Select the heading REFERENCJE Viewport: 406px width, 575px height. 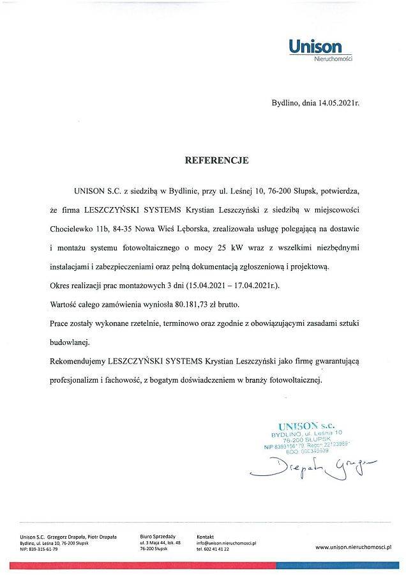point(216,160)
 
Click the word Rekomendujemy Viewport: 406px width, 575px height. point(77,361)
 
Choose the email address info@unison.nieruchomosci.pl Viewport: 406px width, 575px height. point(226,543)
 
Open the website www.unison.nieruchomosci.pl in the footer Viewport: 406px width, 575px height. point(353,547)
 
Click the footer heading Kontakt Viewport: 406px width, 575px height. point(206,537)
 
